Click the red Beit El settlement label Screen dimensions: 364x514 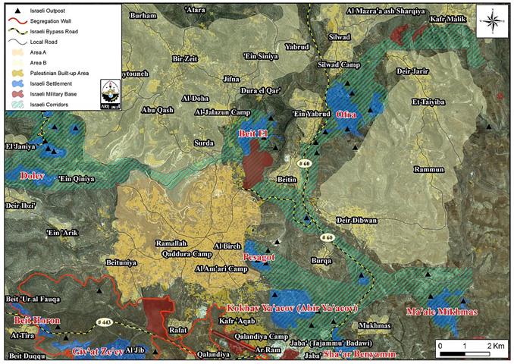click(253, 133)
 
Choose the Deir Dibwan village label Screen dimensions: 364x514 click(356, 221)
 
